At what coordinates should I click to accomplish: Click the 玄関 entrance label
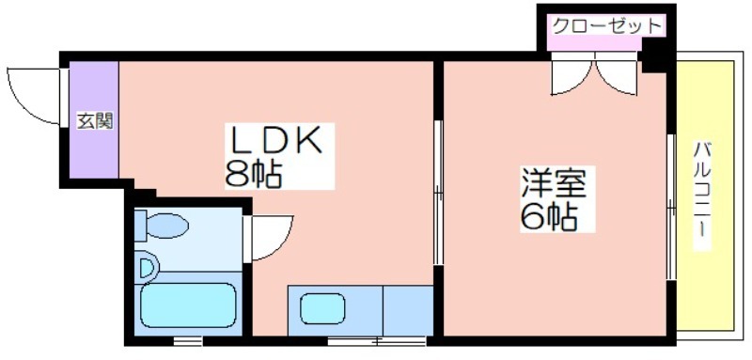pos(96,122)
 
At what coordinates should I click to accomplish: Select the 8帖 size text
pos(253,174)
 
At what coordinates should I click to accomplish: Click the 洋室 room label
pos(554,183)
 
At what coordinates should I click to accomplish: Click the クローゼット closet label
pos(606,25)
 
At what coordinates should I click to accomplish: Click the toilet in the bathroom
pos(161,225)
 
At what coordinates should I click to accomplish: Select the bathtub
pos(188,305)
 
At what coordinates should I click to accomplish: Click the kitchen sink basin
pos(322,308)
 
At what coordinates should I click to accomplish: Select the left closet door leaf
pos(572,74)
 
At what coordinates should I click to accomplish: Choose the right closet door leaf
pos(617,74)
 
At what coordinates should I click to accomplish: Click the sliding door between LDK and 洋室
pos(438,192)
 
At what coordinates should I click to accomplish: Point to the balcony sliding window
pos(671,207)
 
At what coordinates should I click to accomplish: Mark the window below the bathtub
pos(187,341)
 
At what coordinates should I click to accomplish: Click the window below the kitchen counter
pos(377,341)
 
